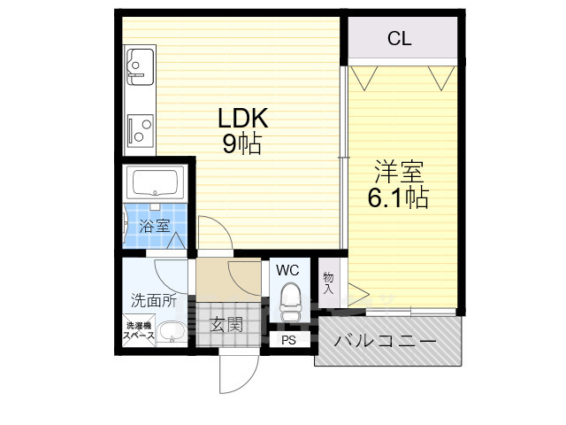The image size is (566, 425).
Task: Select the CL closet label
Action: click(400, 38)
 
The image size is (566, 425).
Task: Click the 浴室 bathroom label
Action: click(155, 226)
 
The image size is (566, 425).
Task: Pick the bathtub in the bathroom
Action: click(156, 183)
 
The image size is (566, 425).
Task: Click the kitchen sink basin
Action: click(138, 63)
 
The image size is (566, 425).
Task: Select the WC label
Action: click(288, 269)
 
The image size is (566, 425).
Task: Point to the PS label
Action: click(288, 340)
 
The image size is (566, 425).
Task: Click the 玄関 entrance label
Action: click(226, 324)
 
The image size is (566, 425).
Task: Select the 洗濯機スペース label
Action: click(139, 331)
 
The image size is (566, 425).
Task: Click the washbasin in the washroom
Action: click(172, 332)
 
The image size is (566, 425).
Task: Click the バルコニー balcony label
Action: click(386, 341)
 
